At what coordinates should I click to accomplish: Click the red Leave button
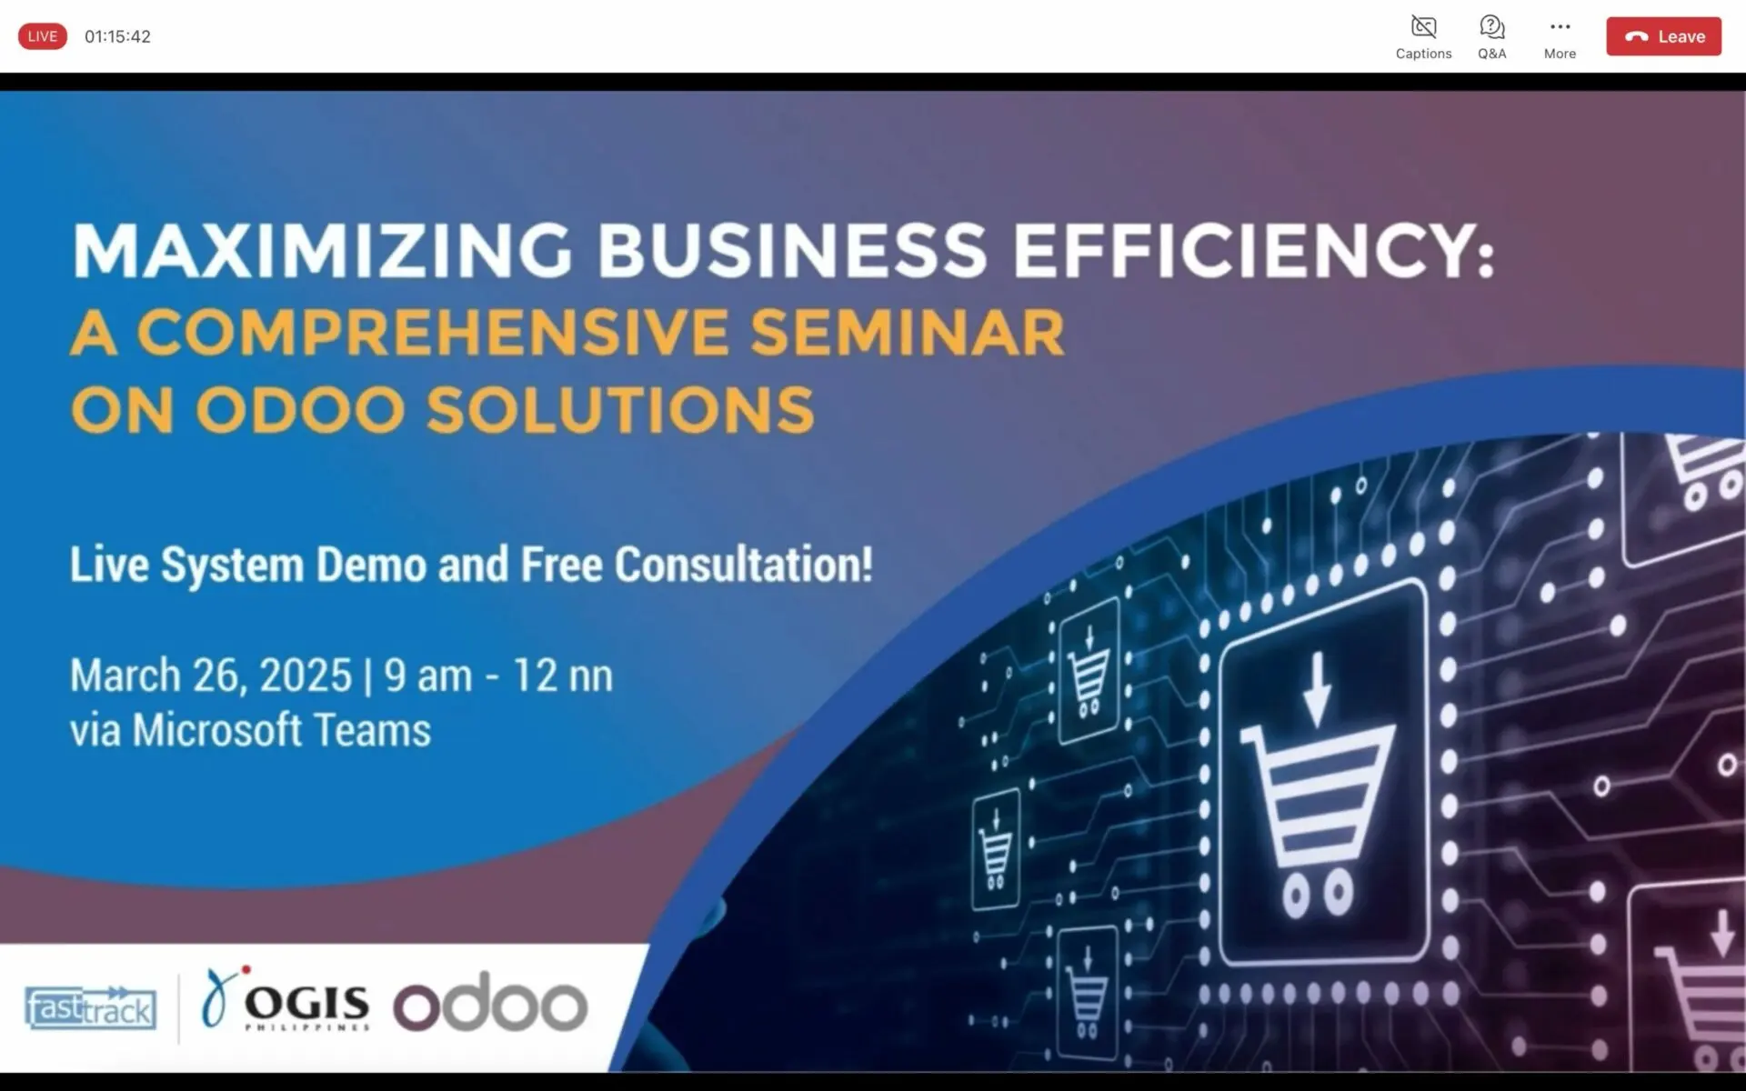tap(1663, 36)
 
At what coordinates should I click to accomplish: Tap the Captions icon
tap(1423, 26)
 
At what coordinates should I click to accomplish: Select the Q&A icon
tap(1491, 26)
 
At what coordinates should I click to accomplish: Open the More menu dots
tap(1560, 26)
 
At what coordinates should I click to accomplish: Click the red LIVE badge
tap(43, 36)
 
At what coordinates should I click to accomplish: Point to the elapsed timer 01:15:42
tap(117, 36)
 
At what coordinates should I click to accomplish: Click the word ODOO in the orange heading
tap(301, 410)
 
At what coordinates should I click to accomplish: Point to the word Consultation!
tap(743, 565)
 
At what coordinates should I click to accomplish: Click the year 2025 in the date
tap(306, 676)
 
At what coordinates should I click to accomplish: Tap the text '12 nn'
tap(563, 676)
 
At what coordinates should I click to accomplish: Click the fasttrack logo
tap(91, 1007)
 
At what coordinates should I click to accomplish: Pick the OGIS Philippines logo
tap(286, 999)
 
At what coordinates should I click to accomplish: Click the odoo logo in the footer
tap(490, 1001)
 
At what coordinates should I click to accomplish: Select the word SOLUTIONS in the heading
tap(620, 410)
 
